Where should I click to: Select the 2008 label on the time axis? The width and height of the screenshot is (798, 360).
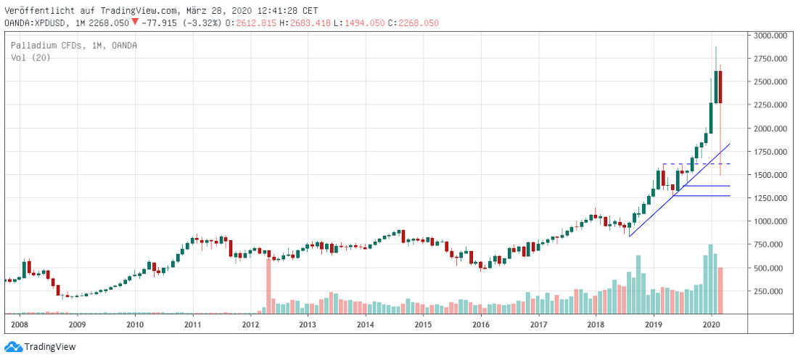point(20,325)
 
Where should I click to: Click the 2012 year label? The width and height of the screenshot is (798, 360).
point(250,325)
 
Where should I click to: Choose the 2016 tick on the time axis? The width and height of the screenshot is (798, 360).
point(480,325)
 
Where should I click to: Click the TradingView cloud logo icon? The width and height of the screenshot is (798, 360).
point(13,347)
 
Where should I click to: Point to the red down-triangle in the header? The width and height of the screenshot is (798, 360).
point(134,22)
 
